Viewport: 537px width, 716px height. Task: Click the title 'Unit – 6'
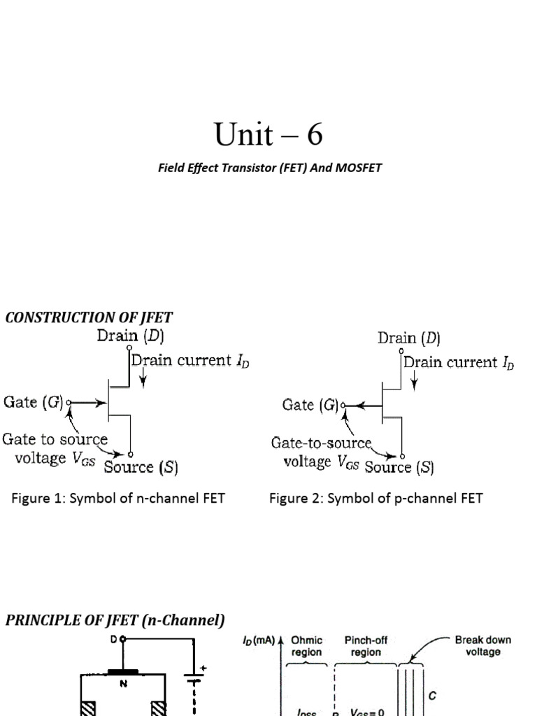[x=268, y=134]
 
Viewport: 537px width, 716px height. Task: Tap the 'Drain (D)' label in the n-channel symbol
[x=130, y=336]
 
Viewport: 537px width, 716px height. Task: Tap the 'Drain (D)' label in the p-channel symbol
[x=409, y=338]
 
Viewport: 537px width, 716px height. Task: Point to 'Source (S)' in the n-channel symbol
[x=141, y=468]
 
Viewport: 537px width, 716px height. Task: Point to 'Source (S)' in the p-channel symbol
[x=399, y=468]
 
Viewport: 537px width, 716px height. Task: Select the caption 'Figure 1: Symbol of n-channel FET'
[x=117, y=499]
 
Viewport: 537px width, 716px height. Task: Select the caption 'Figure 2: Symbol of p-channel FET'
[x=375, y=499]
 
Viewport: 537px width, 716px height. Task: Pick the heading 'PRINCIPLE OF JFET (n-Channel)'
[x=115, y=620]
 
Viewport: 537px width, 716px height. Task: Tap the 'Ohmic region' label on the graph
[x=306, y=645]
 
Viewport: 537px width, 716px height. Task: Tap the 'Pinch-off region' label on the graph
[x=366, y=645]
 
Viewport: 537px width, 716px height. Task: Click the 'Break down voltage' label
[x=482, y=645]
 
